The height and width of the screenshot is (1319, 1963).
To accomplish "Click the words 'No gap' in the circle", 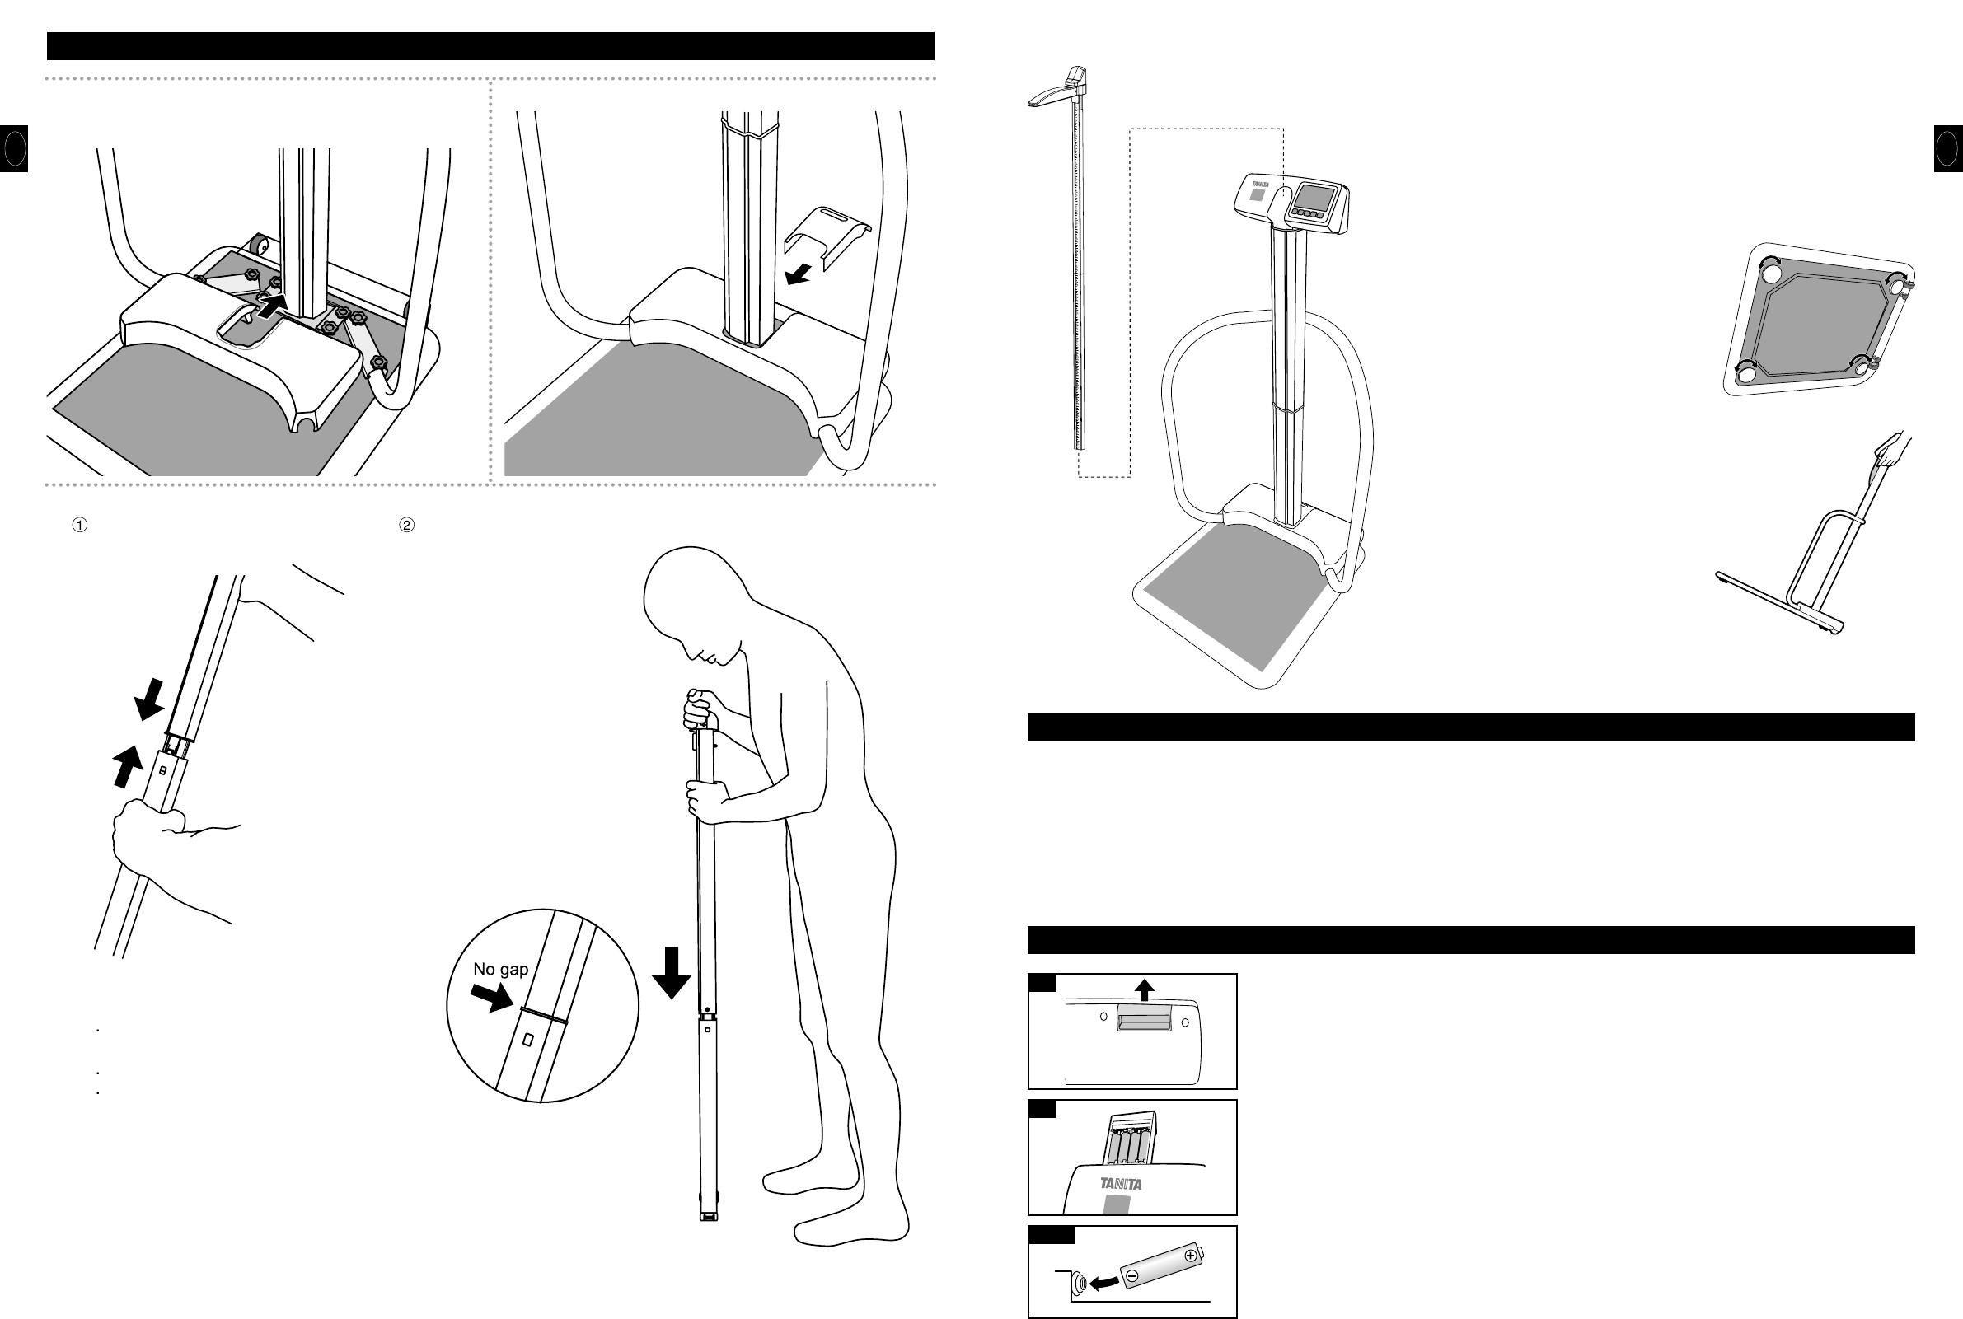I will tap(500, 969).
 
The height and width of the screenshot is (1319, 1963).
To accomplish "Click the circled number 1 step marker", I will tap(79, 525).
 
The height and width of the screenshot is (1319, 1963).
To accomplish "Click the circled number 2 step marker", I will tap(406, 525).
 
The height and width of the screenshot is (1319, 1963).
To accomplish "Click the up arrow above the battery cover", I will tap(1143, 989).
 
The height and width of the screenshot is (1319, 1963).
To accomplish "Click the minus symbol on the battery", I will tap(1132, 1276).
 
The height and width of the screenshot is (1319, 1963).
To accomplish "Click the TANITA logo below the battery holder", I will tap(1121, 1185).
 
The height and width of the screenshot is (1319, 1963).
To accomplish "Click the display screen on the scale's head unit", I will tap(1313, 199).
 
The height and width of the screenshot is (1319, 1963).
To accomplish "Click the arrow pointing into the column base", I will tap(274, 306).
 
